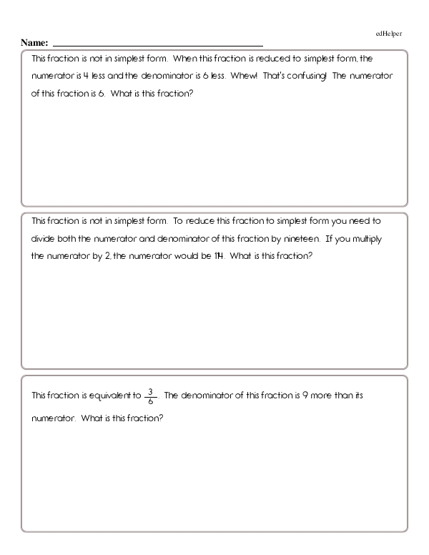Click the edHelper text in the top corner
(390, 34)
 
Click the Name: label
(35, 44)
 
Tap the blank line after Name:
(157, 44)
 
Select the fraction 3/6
(149, 396)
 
